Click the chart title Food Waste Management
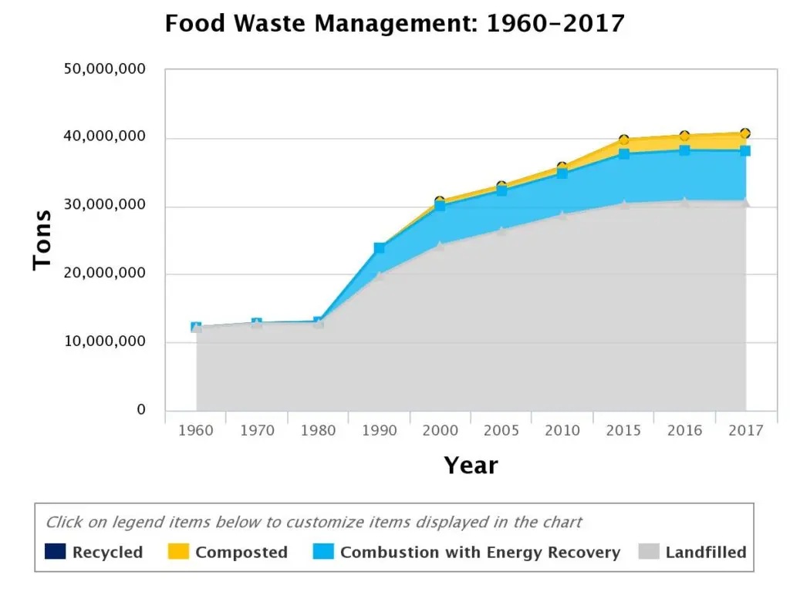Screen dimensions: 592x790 394,24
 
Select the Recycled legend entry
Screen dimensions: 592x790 94,552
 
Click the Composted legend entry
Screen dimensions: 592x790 227,552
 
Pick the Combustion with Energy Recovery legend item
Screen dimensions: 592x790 468,552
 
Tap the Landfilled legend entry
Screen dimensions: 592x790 693,552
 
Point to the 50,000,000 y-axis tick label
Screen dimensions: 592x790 105,70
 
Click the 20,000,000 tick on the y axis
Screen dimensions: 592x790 105,274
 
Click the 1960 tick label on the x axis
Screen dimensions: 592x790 196,431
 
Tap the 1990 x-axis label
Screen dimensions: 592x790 380,431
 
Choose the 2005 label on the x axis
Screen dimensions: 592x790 501,431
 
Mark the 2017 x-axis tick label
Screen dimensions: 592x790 745,431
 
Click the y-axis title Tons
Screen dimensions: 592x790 42,240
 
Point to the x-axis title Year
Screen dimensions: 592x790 471,466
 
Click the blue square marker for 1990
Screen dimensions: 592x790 380,248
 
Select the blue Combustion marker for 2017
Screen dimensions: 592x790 745,151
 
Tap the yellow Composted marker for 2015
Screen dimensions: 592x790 623,140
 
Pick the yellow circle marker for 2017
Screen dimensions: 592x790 745,133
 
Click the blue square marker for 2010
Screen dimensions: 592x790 562,173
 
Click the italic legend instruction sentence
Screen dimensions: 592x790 313,522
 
